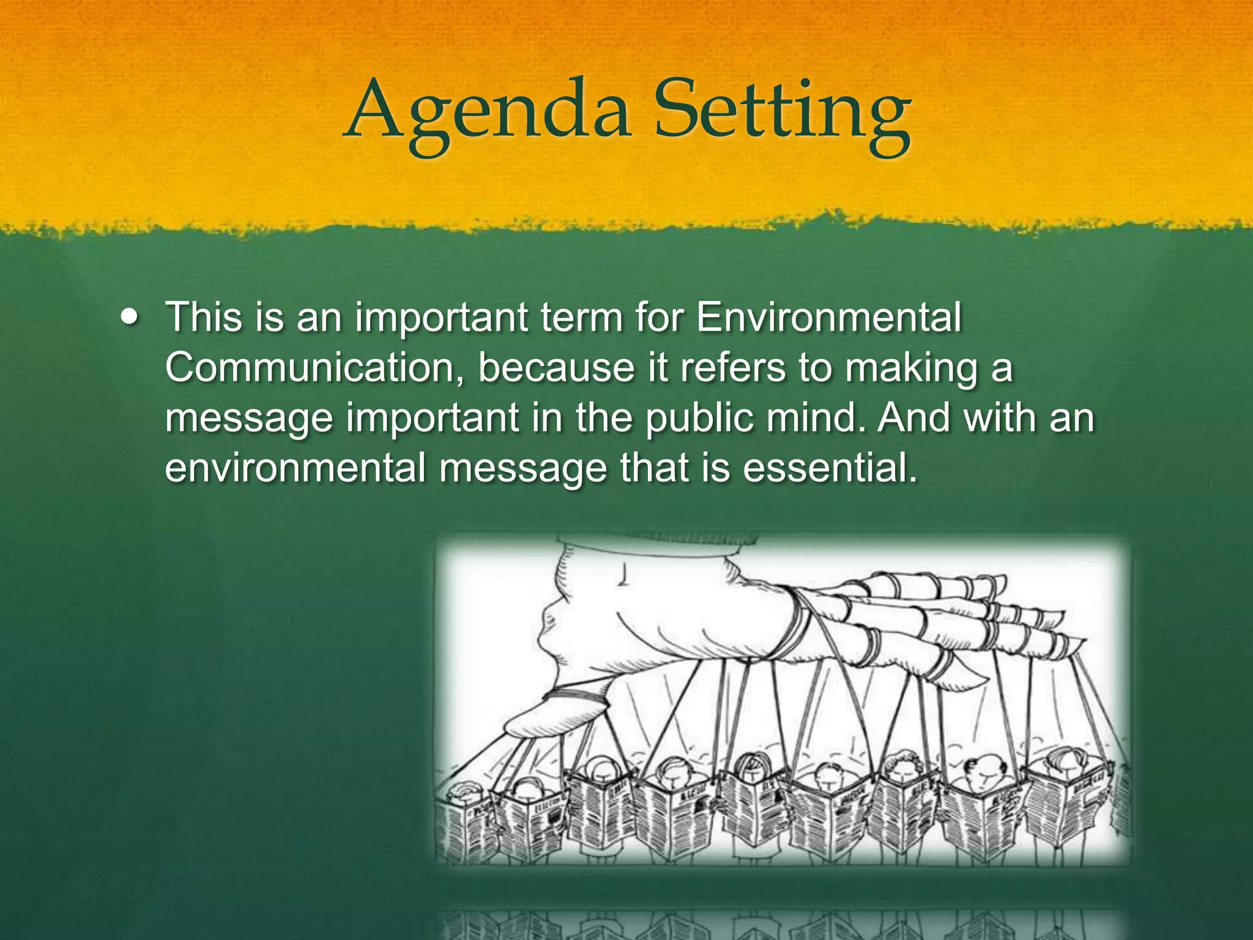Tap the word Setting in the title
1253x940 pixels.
coord(781,113)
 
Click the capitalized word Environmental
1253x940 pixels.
coord(829,318)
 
